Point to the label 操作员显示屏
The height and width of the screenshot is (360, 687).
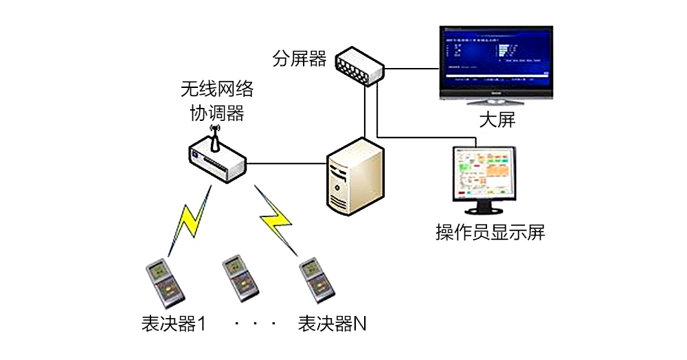[490, 232]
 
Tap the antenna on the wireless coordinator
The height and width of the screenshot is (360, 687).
[214, 136]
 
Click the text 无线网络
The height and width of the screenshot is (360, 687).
[216, 89]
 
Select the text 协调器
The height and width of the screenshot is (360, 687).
[216, 113]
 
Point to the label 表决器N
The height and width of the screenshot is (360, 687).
[332, 322]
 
